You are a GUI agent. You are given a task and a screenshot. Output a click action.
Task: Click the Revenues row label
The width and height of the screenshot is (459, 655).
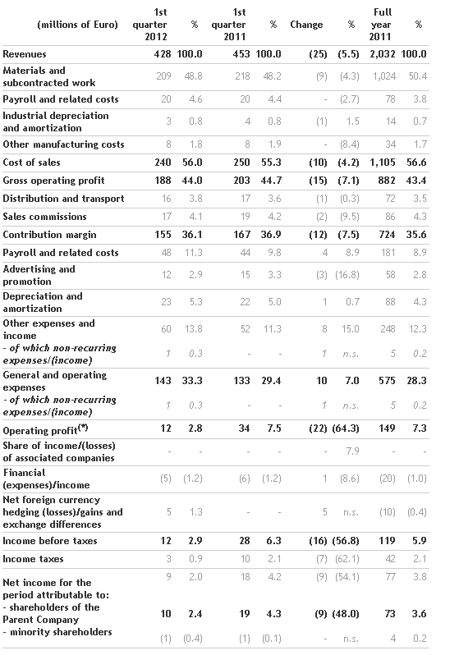click(x=25, y=54)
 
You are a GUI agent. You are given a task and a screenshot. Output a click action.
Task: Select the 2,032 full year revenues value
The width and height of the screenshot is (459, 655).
click(x=383, y=54)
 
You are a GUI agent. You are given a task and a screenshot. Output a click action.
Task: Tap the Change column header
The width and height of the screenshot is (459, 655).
click(x=306, y=25)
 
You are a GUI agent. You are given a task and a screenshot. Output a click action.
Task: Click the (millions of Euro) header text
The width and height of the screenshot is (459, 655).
click(x=78, y=25)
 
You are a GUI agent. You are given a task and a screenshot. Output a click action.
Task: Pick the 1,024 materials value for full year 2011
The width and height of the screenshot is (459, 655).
click(x=384, y=76)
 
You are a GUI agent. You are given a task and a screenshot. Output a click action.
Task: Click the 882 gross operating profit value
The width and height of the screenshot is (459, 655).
click(x=387, y=181)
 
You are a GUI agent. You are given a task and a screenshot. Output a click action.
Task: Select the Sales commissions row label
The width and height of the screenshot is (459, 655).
click(x=44, y=217)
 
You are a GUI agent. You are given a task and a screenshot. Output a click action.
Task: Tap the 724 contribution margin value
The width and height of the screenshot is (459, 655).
click(x=387, y=235)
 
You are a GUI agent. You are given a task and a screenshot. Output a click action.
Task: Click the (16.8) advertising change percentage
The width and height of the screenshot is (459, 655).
click(x=347, y=275)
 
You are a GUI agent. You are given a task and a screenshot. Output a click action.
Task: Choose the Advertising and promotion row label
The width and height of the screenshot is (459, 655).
click(x=39, y=275)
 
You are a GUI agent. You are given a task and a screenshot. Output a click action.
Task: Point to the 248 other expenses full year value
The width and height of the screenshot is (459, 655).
click(x=388, y=329)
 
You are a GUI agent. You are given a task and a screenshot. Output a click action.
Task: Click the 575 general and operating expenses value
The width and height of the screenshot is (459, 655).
click(x=387, y=381)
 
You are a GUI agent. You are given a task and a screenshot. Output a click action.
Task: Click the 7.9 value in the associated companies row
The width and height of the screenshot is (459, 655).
click(x=352, y=451)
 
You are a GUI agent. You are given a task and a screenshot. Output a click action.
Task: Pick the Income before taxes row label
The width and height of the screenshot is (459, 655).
click(x=50, y=541)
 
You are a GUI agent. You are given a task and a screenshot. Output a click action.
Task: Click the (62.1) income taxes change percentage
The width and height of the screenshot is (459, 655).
click(x=347, y=559)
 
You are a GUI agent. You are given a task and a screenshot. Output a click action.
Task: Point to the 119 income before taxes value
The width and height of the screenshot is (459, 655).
click(x=387, y=541)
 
